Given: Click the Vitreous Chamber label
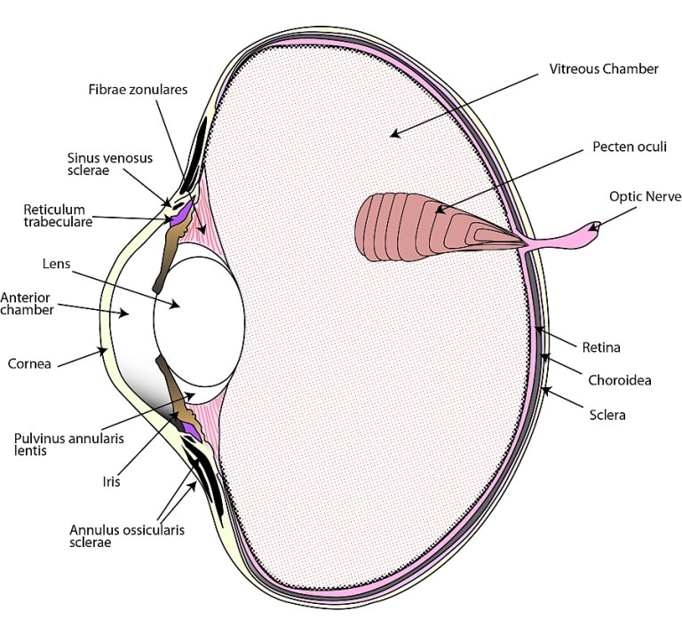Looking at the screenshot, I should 605,69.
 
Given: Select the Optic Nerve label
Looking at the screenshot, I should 645,196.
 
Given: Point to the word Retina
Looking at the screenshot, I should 601,348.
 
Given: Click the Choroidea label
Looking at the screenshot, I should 620,381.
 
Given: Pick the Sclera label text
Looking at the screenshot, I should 607,414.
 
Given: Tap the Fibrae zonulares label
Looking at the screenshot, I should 138,90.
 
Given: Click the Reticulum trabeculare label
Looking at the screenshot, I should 58,216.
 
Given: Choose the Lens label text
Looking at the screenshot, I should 55,264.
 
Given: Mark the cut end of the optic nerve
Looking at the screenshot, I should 597,226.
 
